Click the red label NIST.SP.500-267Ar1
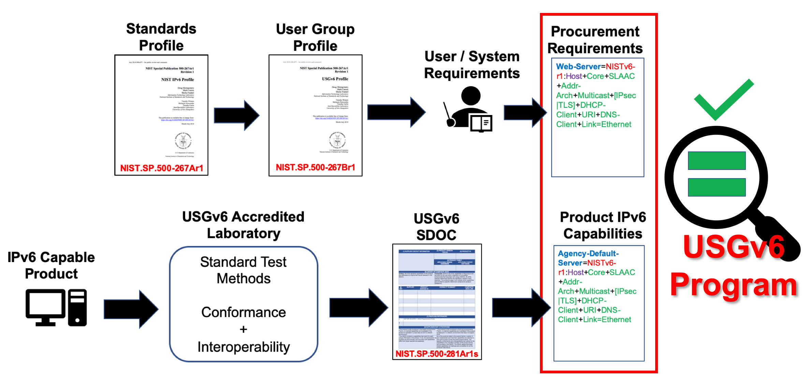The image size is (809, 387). (x=162, y=168)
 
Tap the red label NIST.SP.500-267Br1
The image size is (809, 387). (x=315, y=168)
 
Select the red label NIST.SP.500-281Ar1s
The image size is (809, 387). (x=437, y=354)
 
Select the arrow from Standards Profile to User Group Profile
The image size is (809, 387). (x=236, y=115)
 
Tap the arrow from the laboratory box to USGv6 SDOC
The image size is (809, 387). (x=358, y=307)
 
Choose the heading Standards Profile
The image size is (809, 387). (x=161, y=37)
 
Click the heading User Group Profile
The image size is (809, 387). (x=315, y=37)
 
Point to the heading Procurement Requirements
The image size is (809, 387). (x=595, y=40)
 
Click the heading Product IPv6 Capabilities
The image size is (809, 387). (x=603, y=225)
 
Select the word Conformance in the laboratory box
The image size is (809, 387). (x=244, y=312)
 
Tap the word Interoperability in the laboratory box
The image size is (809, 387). (x=244, y=347)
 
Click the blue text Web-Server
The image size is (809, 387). (x=578, y=67)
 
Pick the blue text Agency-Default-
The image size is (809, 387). (x=588, y=254)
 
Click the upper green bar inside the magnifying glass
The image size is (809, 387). (x=717, y=161)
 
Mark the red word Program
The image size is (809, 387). (x=733, y=285)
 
